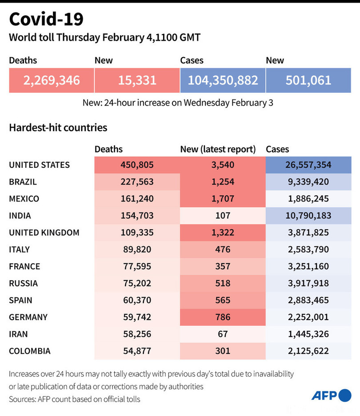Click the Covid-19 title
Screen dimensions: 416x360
pos(46,20)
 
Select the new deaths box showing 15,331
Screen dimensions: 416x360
pos(137,80)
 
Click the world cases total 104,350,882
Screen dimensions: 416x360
pos(223,80)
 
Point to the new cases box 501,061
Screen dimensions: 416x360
pos(308,80)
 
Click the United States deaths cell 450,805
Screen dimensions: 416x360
pos(137,165)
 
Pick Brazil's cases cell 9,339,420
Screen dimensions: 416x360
pos(308,182)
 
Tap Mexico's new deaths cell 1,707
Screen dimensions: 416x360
pos(223,198)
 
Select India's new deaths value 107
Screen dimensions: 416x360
pos(223,215)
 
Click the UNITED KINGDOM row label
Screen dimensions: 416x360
pos(44,232)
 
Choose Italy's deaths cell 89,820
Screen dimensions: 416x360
pos(137,249)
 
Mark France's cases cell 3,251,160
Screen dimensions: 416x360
pos(308,266)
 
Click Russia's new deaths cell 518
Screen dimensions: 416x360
pos(223,283)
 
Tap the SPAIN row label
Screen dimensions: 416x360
pos(20,300)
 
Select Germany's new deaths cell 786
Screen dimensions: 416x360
pos(223,317)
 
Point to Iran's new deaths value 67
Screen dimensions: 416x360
pos(223,334)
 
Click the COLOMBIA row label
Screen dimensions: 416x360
pos(30,351)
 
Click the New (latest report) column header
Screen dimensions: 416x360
pos(218,150)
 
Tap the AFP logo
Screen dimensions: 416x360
pos(331,395)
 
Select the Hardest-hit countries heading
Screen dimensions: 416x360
pos(58,128)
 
